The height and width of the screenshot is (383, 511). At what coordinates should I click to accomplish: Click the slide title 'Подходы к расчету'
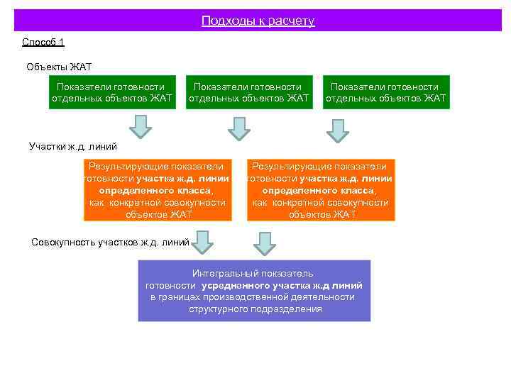[x=258, y=21]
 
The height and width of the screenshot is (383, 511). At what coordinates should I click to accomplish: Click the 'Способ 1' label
[x=43, y=43]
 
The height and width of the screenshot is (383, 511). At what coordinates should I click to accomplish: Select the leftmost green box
[x=112, y=92]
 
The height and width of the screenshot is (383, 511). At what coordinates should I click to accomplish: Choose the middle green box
[x=249, y=92]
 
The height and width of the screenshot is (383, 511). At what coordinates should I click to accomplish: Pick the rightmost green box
[x=386, y=92]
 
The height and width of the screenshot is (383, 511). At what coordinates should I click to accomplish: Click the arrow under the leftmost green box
[x=142, y=127]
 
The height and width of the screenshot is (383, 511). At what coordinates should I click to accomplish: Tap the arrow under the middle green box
[x=239, y=128]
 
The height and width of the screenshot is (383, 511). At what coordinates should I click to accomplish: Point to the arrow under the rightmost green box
[x=337, y=130]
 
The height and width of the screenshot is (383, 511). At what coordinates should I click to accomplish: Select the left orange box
[x=157, y=189]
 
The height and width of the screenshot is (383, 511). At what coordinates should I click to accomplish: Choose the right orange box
[x=321, y=189]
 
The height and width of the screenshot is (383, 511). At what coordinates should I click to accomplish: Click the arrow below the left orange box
[x=204, y=242]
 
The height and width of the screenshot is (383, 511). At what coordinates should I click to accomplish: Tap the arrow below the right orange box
[x=264, y=243]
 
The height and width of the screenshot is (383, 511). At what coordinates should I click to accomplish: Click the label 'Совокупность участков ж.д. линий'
[x=110, y=243]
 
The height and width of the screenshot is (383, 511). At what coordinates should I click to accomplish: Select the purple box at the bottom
[x=254, y=291]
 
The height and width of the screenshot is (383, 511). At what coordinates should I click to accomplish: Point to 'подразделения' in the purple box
[x=290, y=309]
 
